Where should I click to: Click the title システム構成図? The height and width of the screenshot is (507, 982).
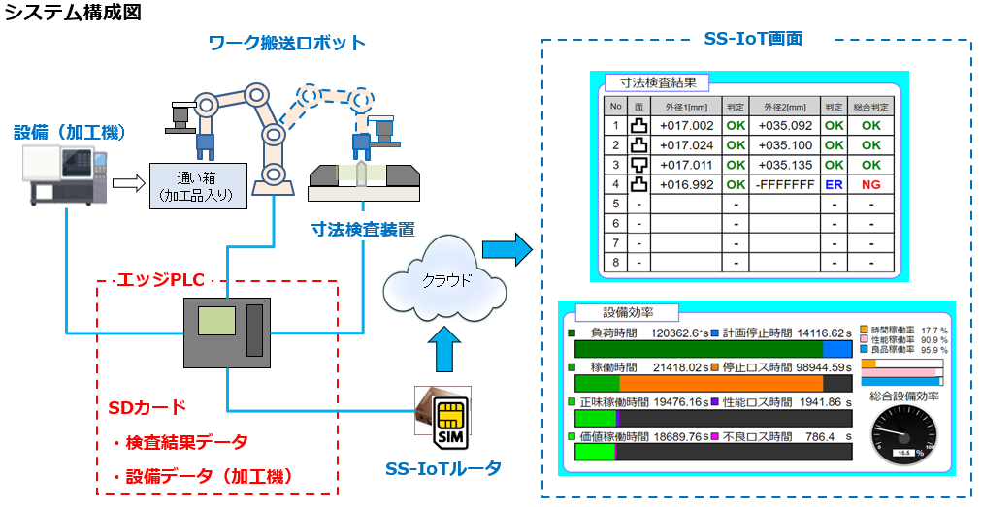click(73, 13)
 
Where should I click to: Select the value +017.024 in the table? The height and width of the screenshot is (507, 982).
click(686, 145)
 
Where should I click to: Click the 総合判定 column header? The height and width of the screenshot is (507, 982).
click(870, 106)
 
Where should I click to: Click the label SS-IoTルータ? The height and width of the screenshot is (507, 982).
click(443, 469)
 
